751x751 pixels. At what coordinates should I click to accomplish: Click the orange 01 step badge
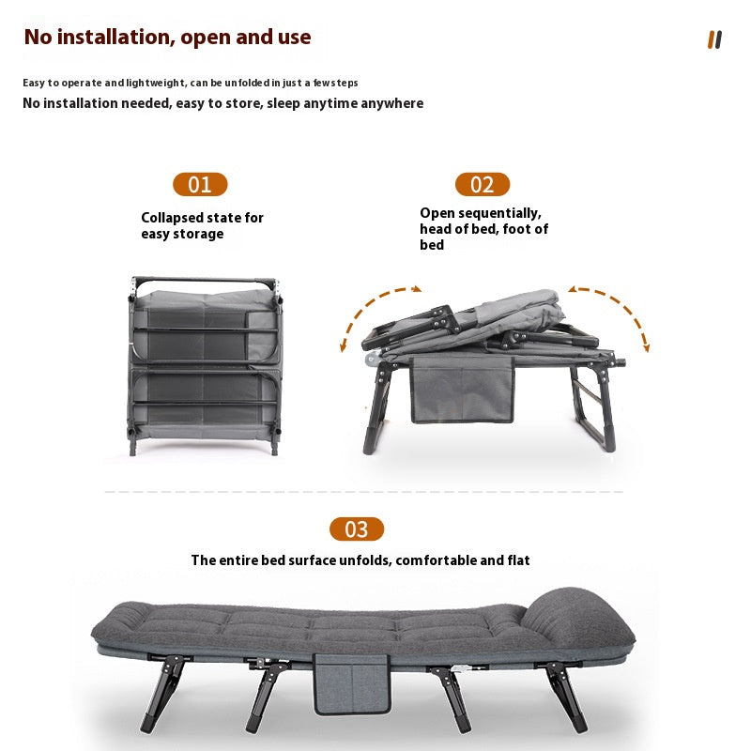[200, 184]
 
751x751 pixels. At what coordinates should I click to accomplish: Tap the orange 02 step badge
[482, 184]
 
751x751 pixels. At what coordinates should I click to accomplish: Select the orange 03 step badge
[356, 529]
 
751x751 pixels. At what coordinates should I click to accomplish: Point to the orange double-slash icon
[714, 39]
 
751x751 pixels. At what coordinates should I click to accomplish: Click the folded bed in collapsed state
[205, 366]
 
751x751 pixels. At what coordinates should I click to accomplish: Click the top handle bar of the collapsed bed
[205, 281]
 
